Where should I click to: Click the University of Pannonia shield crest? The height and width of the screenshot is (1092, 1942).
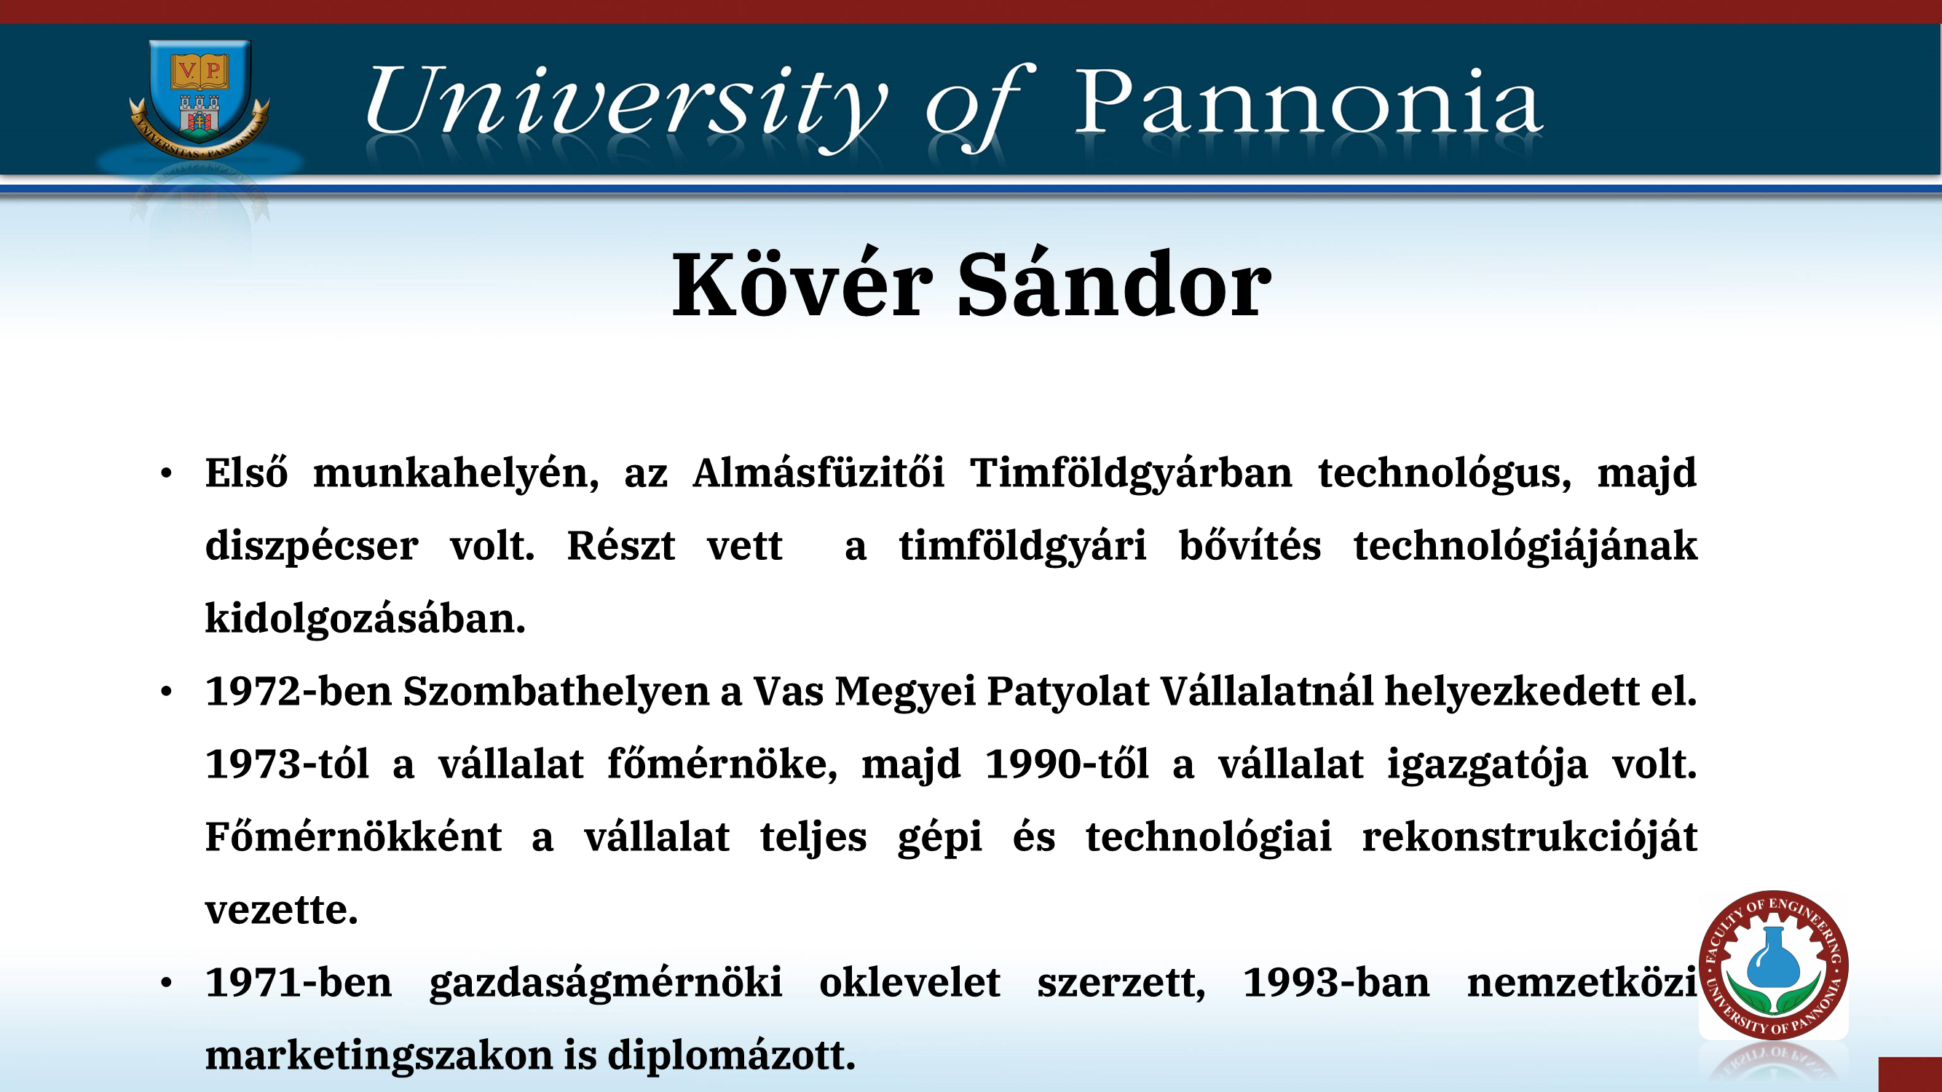point(199,98)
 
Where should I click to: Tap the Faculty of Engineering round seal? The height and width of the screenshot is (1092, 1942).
point(1773,965)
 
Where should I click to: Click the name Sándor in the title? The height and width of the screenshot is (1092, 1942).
point(1114,283)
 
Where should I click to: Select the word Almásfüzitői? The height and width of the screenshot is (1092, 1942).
point(818,473)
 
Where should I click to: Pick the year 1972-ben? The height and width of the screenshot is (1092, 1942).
point(299,691)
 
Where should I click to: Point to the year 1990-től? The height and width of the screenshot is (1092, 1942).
point(1067,764)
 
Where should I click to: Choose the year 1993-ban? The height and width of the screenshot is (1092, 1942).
point(1336,983)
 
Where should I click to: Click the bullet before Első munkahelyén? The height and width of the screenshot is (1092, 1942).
point(167,474)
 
